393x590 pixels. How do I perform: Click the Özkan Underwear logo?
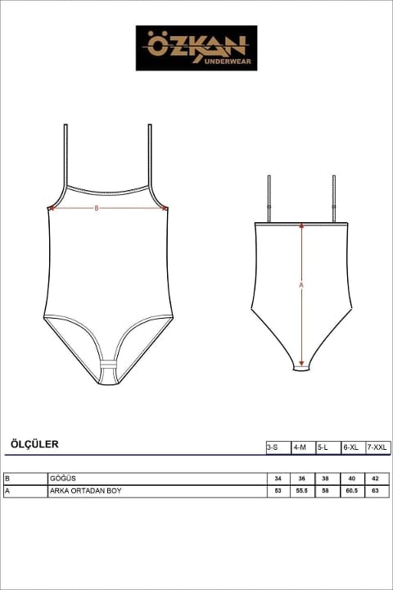pos(196,48)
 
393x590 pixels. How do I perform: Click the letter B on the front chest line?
pos(97,208)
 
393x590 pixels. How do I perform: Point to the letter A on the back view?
pos(300,285)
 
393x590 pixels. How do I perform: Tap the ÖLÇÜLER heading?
pos(34,444)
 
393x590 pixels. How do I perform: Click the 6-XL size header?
pos(351,447)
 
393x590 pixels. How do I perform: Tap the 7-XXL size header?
pos(377,447)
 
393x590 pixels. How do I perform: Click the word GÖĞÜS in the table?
pos(63,479)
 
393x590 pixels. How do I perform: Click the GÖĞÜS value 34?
pos(278,479)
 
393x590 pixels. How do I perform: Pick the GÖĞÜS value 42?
pos(376,479)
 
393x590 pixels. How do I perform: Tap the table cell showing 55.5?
pos(302,491)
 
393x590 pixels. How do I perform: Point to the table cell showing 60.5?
pos(351,491)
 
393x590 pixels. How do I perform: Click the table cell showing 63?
pos(376,491)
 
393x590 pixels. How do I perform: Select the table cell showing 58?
pos(327,491)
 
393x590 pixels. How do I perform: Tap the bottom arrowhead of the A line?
pos(301,364)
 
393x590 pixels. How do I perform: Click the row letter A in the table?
pos(7,491)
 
